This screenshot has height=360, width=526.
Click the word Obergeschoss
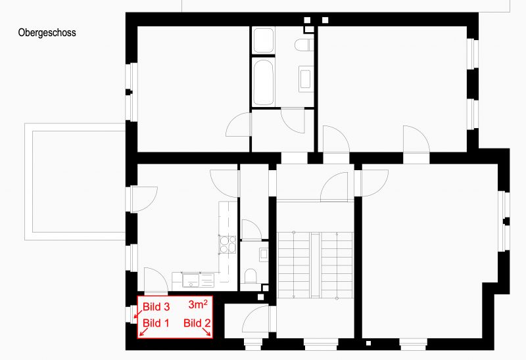click(47, 32)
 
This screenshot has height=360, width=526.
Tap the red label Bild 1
click(156, 323)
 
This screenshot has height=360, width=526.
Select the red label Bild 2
click(197, 323)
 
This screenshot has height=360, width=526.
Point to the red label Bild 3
click(156, 307)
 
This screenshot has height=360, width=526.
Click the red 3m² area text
click(199, 305)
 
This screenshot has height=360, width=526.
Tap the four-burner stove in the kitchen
click(227, 244)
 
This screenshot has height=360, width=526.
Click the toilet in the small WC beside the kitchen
click(250, 275)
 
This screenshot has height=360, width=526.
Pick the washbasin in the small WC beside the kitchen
click(264, 252)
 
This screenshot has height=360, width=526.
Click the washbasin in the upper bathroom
click(306, 78)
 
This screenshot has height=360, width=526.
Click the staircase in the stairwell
click(315, 262)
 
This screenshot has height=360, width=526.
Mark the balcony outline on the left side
click(75, 181)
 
